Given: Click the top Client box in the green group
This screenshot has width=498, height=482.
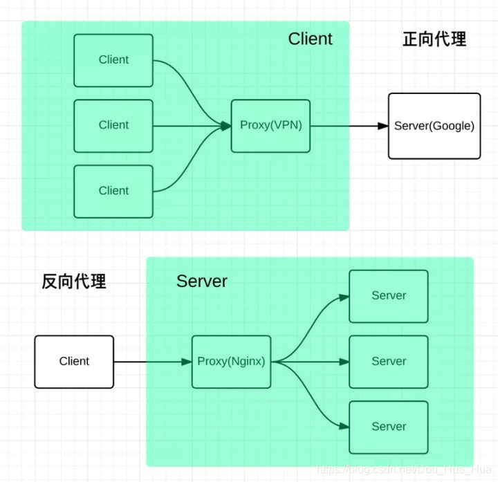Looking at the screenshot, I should [x=113, y=60].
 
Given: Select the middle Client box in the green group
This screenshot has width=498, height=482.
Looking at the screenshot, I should [x=113, y=125].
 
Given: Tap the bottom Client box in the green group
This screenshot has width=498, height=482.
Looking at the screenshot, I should [x=113, y=191].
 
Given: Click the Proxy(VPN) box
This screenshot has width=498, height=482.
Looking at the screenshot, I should [x=270, y=126].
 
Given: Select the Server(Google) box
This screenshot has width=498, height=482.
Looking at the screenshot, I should [x=434, y=126].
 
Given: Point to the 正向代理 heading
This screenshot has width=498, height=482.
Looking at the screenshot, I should [x=434, y=39].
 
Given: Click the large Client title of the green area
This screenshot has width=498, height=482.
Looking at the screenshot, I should [x=310, y=39].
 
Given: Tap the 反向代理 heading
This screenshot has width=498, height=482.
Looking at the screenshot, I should [x=73, y=281].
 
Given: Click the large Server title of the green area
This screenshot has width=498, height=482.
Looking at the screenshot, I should [x=201, y=281].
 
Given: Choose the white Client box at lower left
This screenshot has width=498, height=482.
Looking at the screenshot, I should [x=74, y=362].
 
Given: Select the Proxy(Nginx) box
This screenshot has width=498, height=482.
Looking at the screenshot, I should [x=231, y=362].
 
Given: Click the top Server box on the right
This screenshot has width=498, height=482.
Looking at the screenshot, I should [x=388, y=296].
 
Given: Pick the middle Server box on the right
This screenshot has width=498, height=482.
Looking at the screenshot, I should [x=388, y=362].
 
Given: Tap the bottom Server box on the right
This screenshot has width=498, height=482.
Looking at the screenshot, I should [x=388, y=427].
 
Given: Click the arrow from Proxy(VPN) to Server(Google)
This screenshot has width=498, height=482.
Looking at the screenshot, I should [x=346, y=126].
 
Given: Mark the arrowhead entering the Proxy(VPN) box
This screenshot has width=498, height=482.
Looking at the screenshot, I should [x=225, y=126].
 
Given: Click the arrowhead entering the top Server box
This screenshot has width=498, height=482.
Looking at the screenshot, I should [x=343, y=297].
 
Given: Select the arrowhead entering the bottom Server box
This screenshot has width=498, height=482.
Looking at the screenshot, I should [x=343, y=426].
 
